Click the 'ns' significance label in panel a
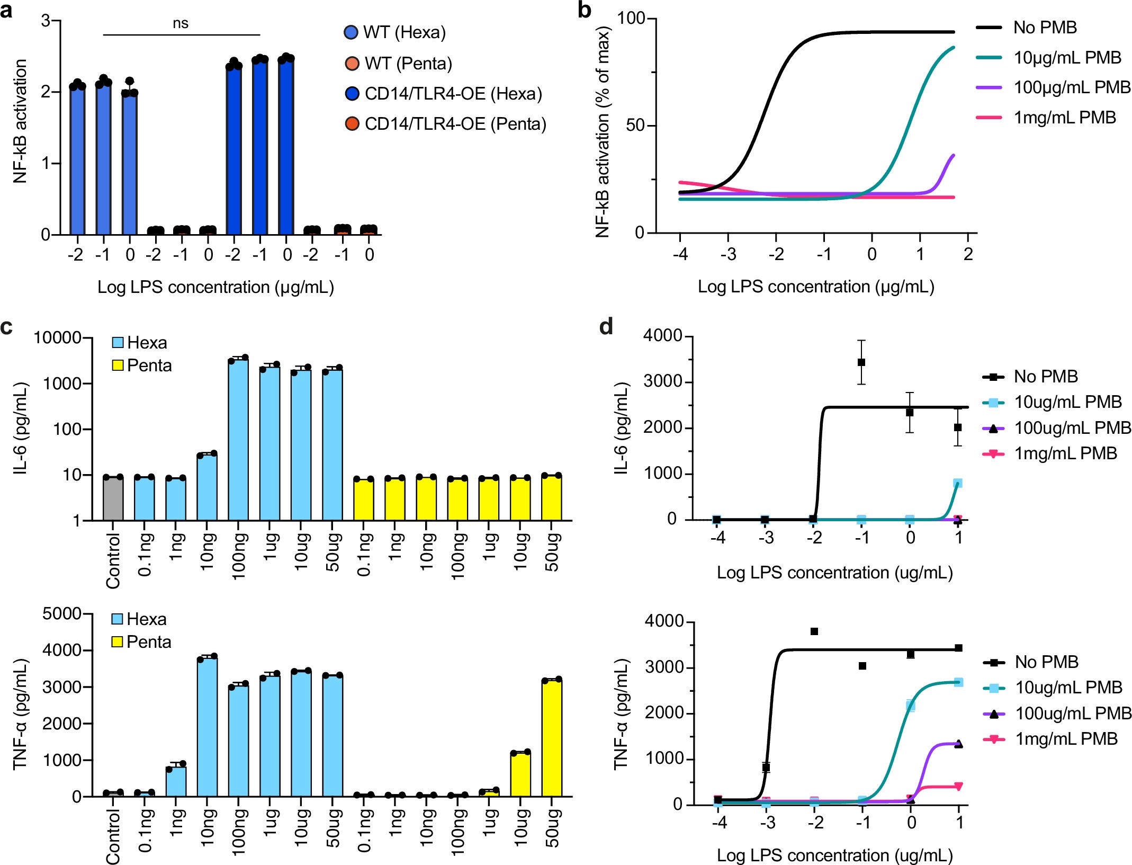click(x=181, y=24)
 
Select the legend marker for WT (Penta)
click(x=352, y=64)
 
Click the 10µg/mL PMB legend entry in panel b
click(x=1067, y=57)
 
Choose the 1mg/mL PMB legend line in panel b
click(x=989, y=117)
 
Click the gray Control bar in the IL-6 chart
click(x=113, y=498)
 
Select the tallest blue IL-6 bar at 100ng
click(x=238, y=440)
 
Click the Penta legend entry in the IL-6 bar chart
click(x=149, y=365)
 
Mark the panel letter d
click(x=606, y=326)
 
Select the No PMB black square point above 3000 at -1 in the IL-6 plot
click(x=861, y=362)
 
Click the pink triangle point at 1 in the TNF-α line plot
click(x=958, y=786)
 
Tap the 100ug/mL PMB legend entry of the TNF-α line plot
click(x=1073, y=713)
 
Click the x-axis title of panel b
click(x=815, y=287)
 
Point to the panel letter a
click(x=6, y=10)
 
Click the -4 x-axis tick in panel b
click(x=680, y=255)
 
